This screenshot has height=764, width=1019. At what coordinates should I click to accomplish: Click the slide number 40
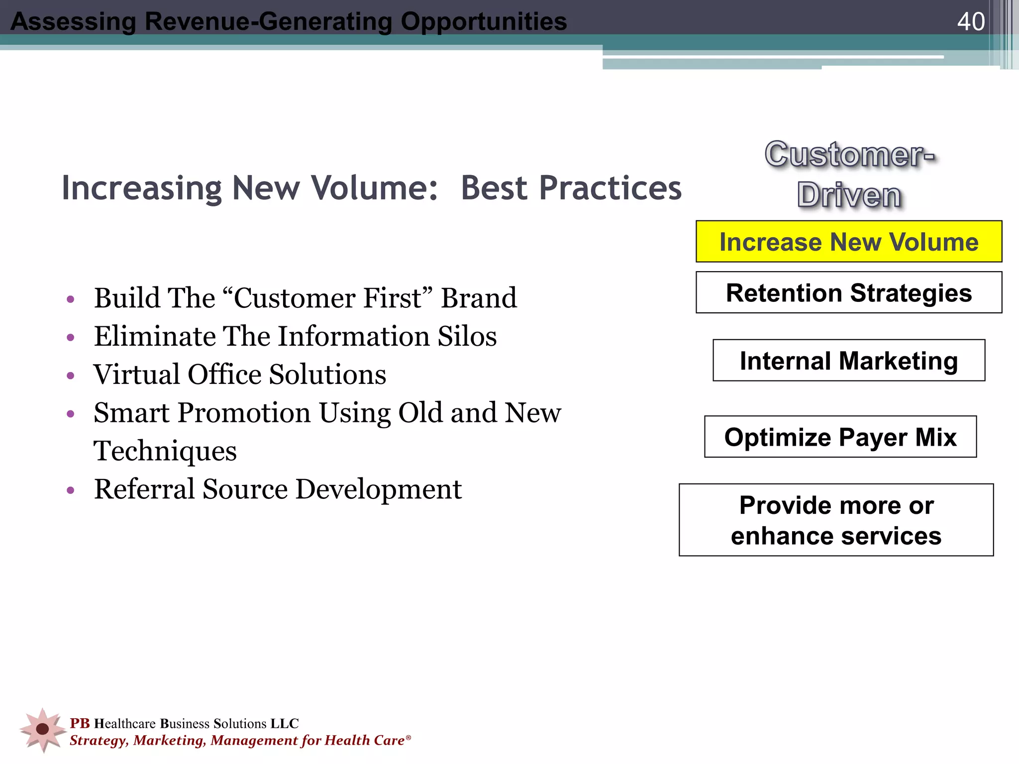pyautogui.click(x=970, y=22)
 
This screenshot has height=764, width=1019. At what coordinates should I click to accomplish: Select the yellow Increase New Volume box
pyautogui.click(x=849, y=242)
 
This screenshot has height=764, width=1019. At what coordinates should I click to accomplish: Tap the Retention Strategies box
pyautogui.click(x=849, y=292)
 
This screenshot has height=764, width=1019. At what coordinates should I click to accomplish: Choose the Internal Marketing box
pyautogui.click(x=849, y=361)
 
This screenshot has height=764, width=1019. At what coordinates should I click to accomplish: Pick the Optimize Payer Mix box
pyautogui.click(x=840, y=437)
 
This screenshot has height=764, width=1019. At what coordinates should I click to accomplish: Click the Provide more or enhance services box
pyautogui.click(x=836, y=520)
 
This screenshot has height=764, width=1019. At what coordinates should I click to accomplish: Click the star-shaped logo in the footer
pyautogui.click(x=43, y=729)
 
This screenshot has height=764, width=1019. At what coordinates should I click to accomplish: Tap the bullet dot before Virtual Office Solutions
pyautogui.click(x=71, y=376)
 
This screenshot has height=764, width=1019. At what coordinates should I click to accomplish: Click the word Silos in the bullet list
pyautogui.click(x=467, y=337)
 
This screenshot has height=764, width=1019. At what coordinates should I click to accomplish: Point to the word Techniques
pyautogui.click(x=165, y=451)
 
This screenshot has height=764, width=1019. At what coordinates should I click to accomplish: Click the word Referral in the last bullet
pyautogui.click(x=144, y=489)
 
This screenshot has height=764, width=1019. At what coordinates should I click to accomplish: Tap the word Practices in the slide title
pyautogui.click(x=571, y=189)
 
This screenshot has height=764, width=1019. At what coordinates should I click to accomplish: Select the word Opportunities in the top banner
pyautogui.click(x=484, y=22)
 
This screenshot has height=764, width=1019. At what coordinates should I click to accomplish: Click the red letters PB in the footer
pyautogui.click(x=80, y=723)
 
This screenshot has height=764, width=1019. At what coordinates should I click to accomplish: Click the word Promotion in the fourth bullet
pyautogui.click(x=244, y=413)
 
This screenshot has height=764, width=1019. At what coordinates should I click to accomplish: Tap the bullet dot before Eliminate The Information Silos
pyautogui.click(x=71, y=338)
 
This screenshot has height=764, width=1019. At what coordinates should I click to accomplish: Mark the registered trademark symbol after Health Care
pyautogui.click(x=408, y=737)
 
